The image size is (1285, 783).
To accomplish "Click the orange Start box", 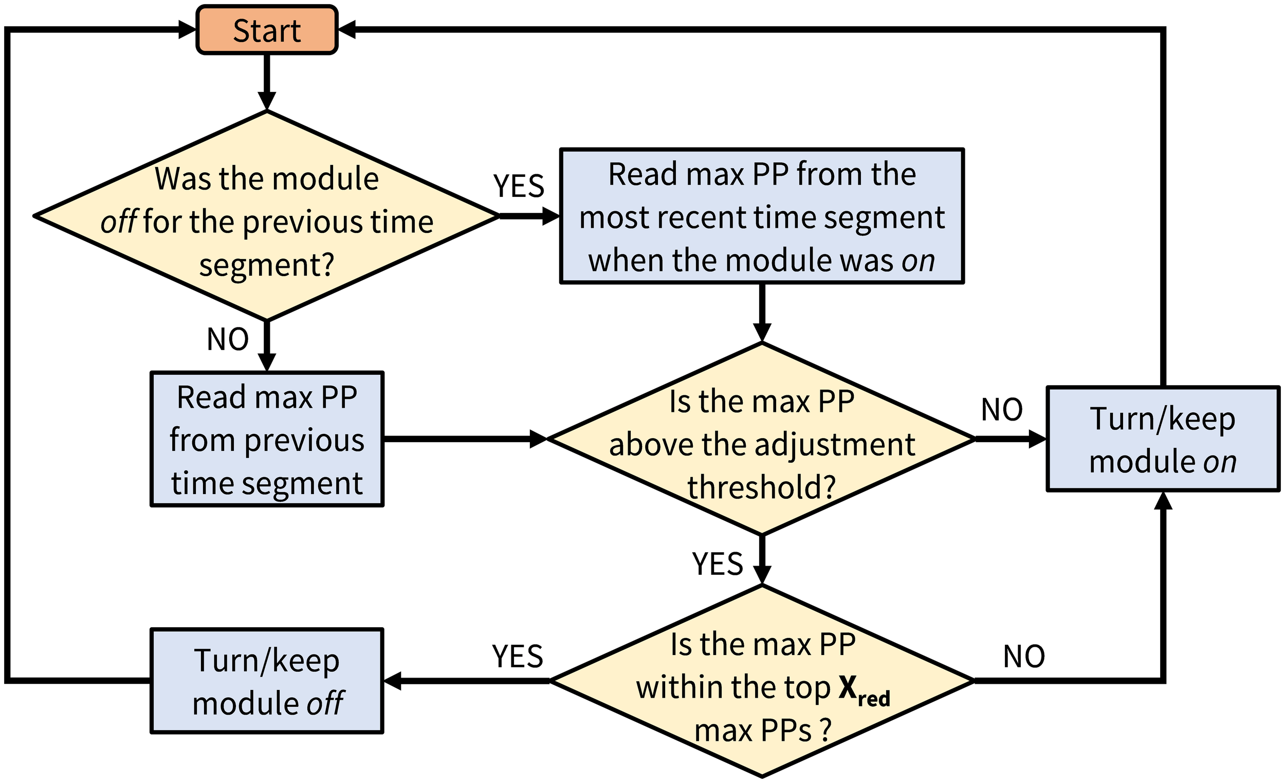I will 266,30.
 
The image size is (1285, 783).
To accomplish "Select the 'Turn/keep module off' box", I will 266,681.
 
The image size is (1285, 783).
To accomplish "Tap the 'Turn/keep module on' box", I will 1163,439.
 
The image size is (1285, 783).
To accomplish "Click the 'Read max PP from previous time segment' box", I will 266,439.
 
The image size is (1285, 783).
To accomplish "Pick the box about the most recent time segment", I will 761,216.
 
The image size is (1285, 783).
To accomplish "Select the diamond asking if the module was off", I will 266,216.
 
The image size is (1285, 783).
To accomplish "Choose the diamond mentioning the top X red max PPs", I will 761,681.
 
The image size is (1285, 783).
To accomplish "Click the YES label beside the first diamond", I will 519,186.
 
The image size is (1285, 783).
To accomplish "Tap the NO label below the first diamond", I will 228,340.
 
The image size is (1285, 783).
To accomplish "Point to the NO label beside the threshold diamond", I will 1001,410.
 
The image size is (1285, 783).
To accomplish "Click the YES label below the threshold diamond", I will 717,564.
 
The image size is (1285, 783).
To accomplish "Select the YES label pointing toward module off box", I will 517,656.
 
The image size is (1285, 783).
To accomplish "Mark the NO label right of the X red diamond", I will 1024,656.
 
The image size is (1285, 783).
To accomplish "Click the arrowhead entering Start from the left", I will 187,30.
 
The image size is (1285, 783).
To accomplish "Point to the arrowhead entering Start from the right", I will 347,30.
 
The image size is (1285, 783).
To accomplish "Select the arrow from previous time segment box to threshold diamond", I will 464,439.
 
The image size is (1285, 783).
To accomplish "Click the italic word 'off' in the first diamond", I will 119,222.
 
